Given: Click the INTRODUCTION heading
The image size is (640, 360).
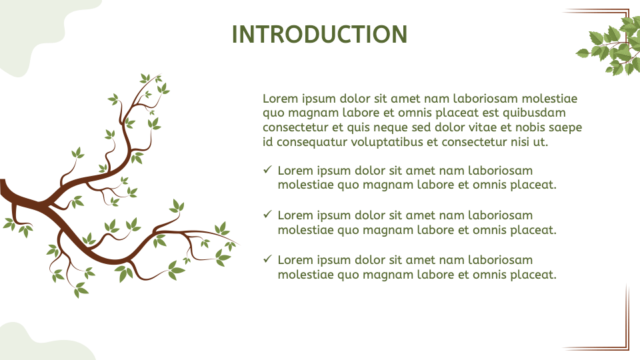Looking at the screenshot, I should pos(319,35).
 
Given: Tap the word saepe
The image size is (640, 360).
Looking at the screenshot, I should pos(566,127).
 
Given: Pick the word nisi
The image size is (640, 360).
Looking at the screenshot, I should pos(516,142).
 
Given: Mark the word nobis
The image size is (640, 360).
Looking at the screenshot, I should pos(530,127).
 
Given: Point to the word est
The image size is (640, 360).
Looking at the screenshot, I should pos(491,113).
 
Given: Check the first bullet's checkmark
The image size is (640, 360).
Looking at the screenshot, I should pos(267,170).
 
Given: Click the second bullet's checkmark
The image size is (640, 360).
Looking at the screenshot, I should pos(267,215).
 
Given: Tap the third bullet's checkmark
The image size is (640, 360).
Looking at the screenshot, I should pos(267,259).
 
